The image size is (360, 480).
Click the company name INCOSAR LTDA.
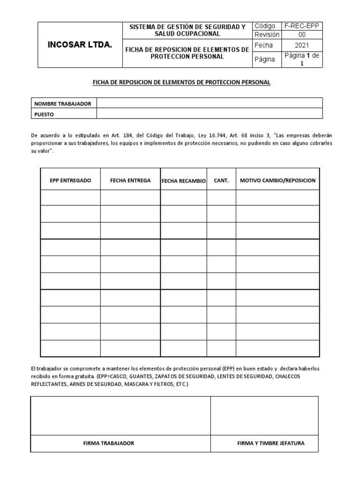[80, 45]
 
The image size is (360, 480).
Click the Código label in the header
[265, 26]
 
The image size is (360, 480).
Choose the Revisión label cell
[267, 35]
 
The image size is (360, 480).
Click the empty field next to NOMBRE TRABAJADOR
[210, 103]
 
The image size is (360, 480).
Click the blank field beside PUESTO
[210, 113]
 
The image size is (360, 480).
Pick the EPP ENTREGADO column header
[70, 180]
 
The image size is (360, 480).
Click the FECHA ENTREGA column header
[130, 180]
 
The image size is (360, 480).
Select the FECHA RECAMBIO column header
[183, 181]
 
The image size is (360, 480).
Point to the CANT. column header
[221, 180]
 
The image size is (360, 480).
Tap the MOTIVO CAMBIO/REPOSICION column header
[277, 180]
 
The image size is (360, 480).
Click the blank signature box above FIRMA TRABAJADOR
[120, 416]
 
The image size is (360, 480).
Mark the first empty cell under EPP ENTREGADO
[70, 197]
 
